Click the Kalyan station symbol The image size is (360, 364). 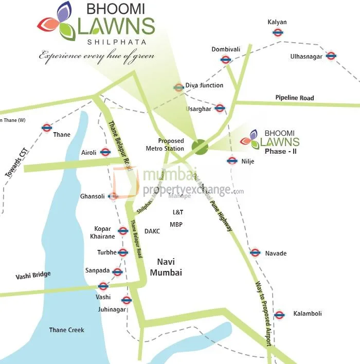278,32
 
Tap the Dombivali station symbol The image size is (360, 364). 225,59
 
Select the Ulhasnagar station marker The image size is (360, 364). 331,56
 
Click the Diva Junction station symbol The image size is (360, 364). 178,87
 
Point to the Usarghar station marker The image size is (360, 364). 220,108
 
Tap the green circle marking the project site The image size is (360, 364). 200,147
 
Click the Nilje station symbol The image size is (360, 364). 231,160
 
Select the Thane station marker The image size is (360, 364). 47,128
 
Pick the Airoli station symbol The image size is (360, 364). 105,152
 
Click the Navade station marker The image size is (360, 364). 255,252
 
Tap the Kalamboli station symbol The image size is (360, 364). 279,315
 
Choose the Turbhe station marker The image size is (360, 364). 122,252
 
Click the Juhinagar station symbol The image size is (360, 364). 126,300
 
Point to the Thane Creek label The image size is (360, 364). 66,330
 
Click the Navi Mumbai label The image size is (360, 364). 166,267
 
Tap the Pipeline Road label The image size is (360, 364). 294,98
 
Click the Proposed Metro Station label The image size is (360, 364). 171,144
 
